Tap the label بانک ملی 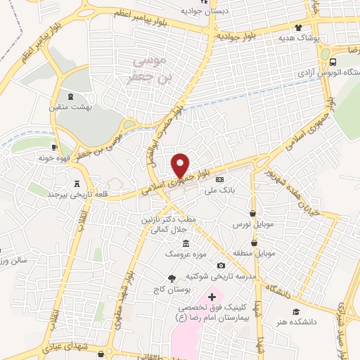tap(212, 190)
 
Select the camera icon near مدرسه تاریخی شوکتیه tap(221, 265)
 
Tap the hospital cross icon tap(212, 297)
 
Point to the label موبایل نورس tap(252, 224)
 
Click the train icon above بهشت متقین tap(70, 96)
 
